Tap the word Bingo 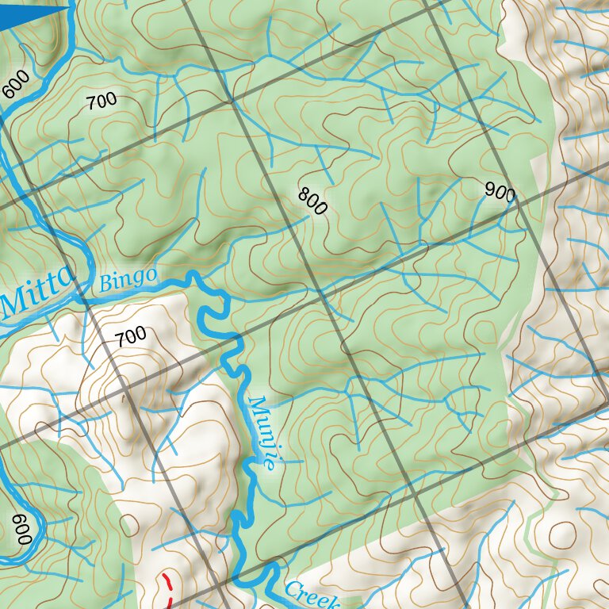click(x=126, y=278)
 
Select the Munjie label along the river click(x=262, y=434)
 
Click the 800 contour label click(x=312, y=201)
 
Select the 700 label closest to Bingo click(x=130, y=336)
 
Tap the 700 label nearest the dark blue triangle click(x=101, y=101)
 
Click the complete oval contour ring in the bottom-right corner click(x=564, y=533)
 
